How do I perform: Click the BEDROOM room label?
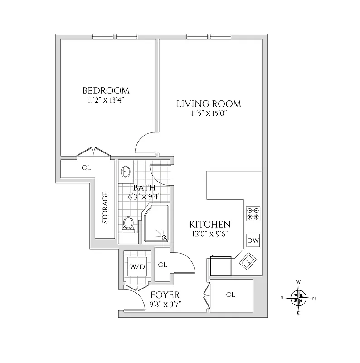106,90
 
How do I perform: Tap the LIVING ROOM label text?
209,104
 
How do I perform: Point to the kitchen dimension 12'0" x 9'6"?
209,234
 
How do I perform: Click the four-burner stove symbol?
253,213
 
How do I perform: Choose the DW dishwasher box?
253,240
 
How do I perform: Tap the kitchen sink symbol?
248,262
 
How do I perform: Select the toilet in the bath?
129,224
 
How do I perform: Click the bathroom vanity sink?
126,172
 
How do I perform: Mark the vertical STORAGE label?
105,208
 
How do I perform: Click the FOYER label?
165,294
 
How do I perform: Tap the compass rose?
298,298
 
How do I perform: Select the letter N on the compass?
314,298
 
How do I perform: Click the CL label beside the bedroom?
86,167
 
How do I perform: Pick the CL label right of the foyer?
230,295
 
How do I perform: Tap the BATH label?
144,188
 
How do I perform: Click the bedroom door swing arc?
144,142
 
